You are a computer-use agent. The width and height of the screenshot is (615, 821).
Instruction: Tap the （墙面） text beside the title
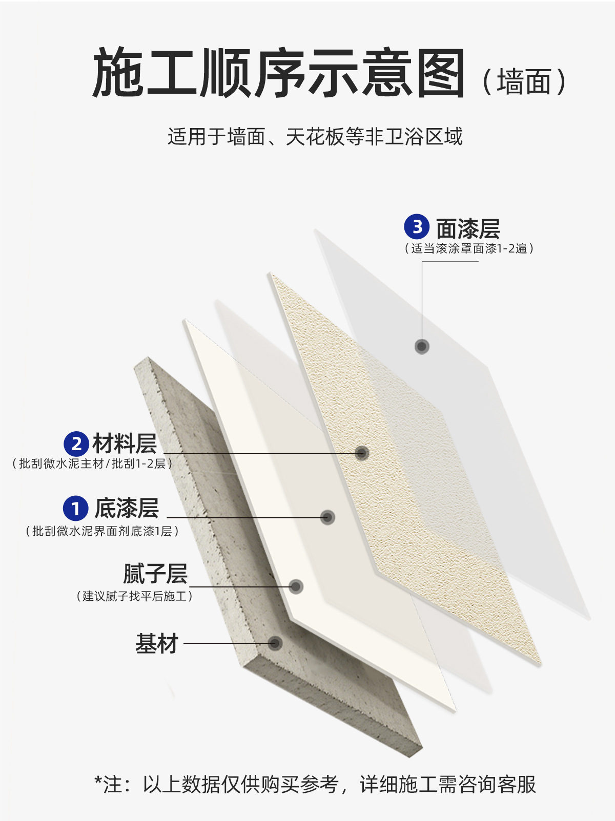[x=524, y=82]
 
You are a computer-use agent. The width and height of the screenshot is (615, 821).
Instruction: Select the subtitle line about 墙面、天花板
[x=315, y=137]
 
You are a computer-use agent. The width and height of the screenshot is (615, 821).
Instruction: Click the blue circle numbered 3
[x=417, y=226]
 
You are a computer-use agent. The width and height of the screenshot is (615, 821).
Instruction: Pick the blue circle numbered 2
[x=76, y=444]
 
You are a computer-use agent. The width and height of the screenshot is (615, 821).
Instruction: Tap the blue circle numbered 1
[x=76, y=508]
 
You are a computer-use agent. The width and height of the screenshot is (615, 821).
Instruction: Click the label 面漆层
[x=468, y=228]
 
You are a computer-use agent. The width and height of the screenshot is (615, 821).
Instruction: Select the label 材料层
[x=125, y=444]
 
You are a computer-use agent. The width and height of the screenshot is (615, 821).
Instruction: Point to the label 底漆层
[x=127, y=508]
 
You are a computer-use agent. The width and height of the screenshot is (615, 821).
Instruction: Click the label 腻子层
[x=155, y=574]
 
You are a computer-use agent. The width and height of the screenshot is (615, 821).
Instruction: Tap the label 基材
[x=157, y=644]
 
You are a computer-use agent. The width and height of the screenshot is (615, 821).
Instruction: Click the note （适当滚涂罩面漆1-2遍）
[x=469, y=249]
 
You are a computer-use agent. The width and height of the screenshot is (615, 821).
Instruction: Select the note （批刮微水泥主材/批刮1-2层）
[x=92, y=464]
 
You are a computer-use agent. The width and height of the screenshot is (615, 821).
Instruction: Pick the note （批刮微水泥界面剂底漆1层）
[x=102, y=531]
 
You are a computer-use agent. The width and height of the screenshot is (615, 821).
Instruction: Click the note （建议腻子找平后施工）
[x=134, y=596]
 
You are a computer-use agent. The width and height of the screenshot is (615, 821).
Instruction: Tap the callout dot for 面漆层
[x=422, y=346]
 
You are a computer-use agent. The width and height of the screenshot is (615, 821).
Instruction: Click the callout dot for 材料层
[x=362, y=453]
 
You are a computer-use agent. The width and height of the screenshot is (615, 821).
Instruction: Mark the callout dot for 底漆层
[x=327, y=517]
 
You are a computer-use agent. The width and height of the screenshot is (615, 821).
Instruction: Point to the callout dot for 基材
[x=275, y=643]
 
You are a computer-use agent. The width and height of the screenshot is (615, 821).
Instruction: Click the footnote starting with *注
[x=315, y=784]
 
